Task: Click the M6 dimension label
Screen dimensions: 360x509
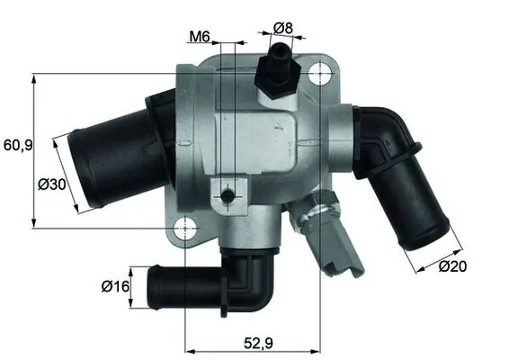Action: coord(199,37)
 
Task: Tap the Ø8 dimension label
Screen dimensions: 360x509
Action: coord(282,28)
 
